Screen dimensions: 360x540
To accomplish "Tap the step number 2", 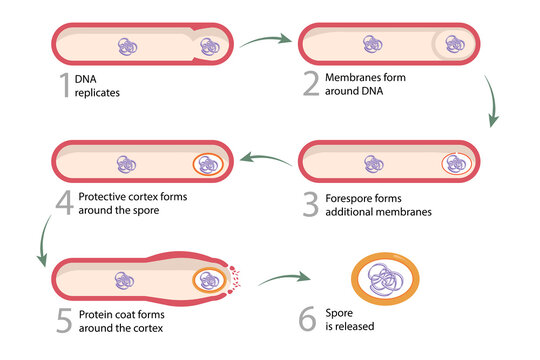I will tap(310, 86).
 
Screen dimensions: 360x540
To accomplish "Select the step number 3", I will tap(310, 203).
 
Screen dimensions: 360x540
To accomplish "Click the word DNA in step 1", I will tap(88, 79).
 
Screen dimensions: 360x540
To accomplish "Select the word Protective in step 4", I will tap(104, 197).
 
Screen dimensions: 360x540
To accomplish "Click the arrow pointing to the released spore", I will tap(289, 279).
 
